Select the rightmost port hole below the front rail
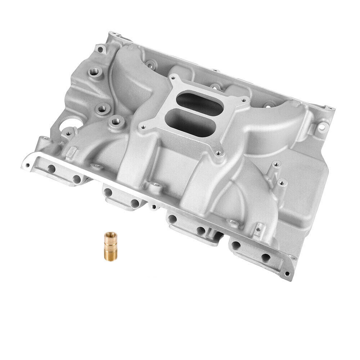(x=266, y=257)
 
